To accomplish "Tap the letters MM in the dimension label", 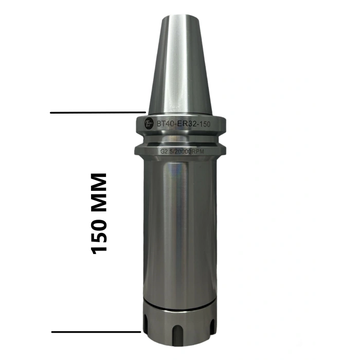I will tap(99, 190).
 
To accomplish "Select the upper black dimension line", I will tap(98, 112).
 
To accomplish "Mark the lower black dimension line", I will tap(96, 332).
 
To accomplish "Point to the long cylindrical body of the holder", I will tap(180, 226).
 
